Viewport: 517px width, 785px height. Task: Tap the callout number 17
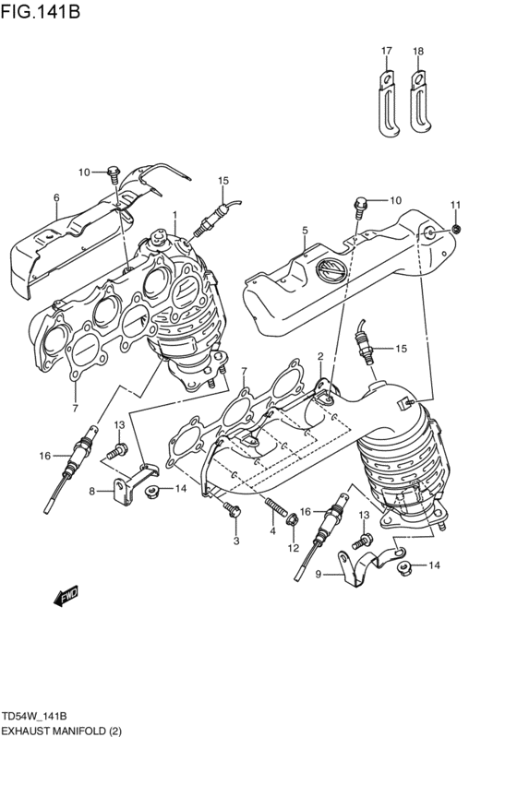coord(387,51)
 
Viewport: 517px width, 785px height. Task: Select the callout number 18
coord(418,51)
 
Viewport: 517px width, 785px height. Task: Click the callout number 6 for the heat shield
coord(56,197)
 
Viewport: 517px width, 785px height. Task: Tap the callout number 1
coord(174,214)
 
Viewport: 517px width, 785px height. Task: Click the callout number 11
coord(455,204)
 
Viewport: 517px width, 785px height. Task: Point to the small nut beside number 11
coord(456,228)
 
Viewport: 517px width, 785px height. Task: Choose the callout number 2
coord(320,356)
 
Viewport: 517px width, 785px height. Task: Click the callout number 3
coord(235,541)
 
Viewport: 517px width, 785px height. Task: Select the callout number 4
coord(272,531)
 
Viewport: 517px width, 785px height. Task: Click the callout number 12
coord(293,549)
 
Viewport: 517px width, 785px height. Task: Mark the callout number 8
coord(92,492)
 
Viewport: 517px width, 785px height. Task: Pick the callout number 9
coord(319,576)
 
